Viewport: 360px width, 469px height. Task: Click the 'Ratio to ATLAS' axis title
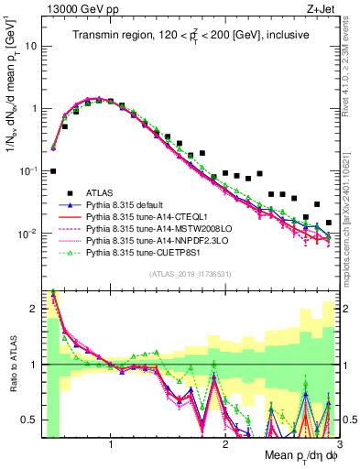12,363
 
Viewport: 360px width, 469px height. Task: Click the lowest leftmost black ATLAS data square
53,170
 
